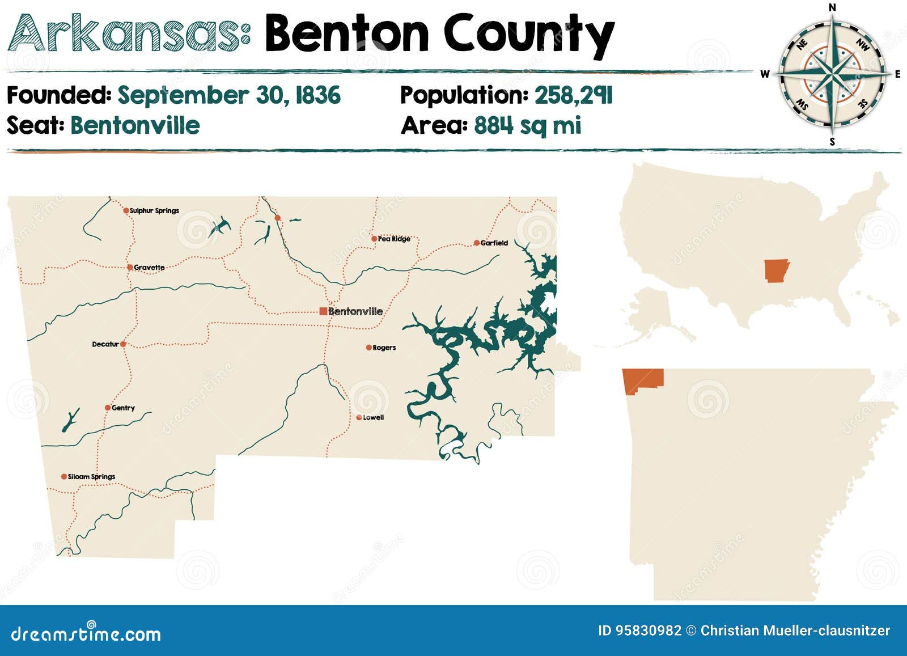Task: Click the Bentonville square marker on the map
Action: pos(323,311)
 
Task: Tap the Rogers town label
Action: pos(384,348)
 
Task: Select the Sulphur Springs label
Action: pos(154,210)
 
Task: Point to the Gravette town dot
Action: pos(130,267)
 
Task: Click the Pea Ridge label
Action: pos(394,239)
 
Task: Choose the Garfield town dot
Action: pos(477,243)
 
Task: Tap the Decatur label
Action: pos(105,344)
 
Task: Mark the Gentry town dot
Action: pos(108,408)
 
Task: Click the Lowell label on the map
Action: pos(373,417)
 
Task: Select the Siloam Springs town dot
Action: pos(64,476)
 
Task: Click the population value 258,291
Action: pos(573,95)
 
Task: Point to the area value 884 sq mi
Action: pos(527,125)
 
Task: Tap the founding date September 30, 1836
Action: pos(229,95)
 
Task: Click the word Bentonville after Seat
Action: pos(135,125)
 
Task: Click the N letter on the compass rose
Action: pos(832,7)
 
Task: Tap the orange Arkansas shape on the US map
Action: pos(775,270)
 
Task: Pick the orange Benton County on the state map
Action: pos(642,379)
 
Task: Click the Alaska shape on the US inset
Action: pos(652,312)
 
